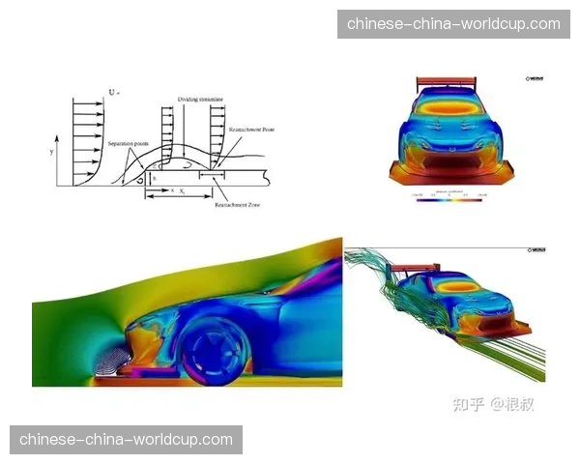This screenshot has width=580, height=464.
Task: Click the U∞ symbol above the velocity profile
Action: tap(114, 93)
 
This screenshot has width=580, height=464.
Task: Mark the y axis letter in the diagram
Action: tap(64, 153)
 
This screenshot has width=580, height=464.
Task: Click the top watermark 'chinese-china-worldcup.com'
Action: tap(453, 23)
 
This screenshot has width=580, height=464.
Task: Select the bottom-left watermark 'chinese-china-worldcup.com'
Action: tap(127, 440)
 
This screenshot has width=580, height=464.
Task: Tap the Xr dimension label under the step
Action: tap(181, 192)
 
